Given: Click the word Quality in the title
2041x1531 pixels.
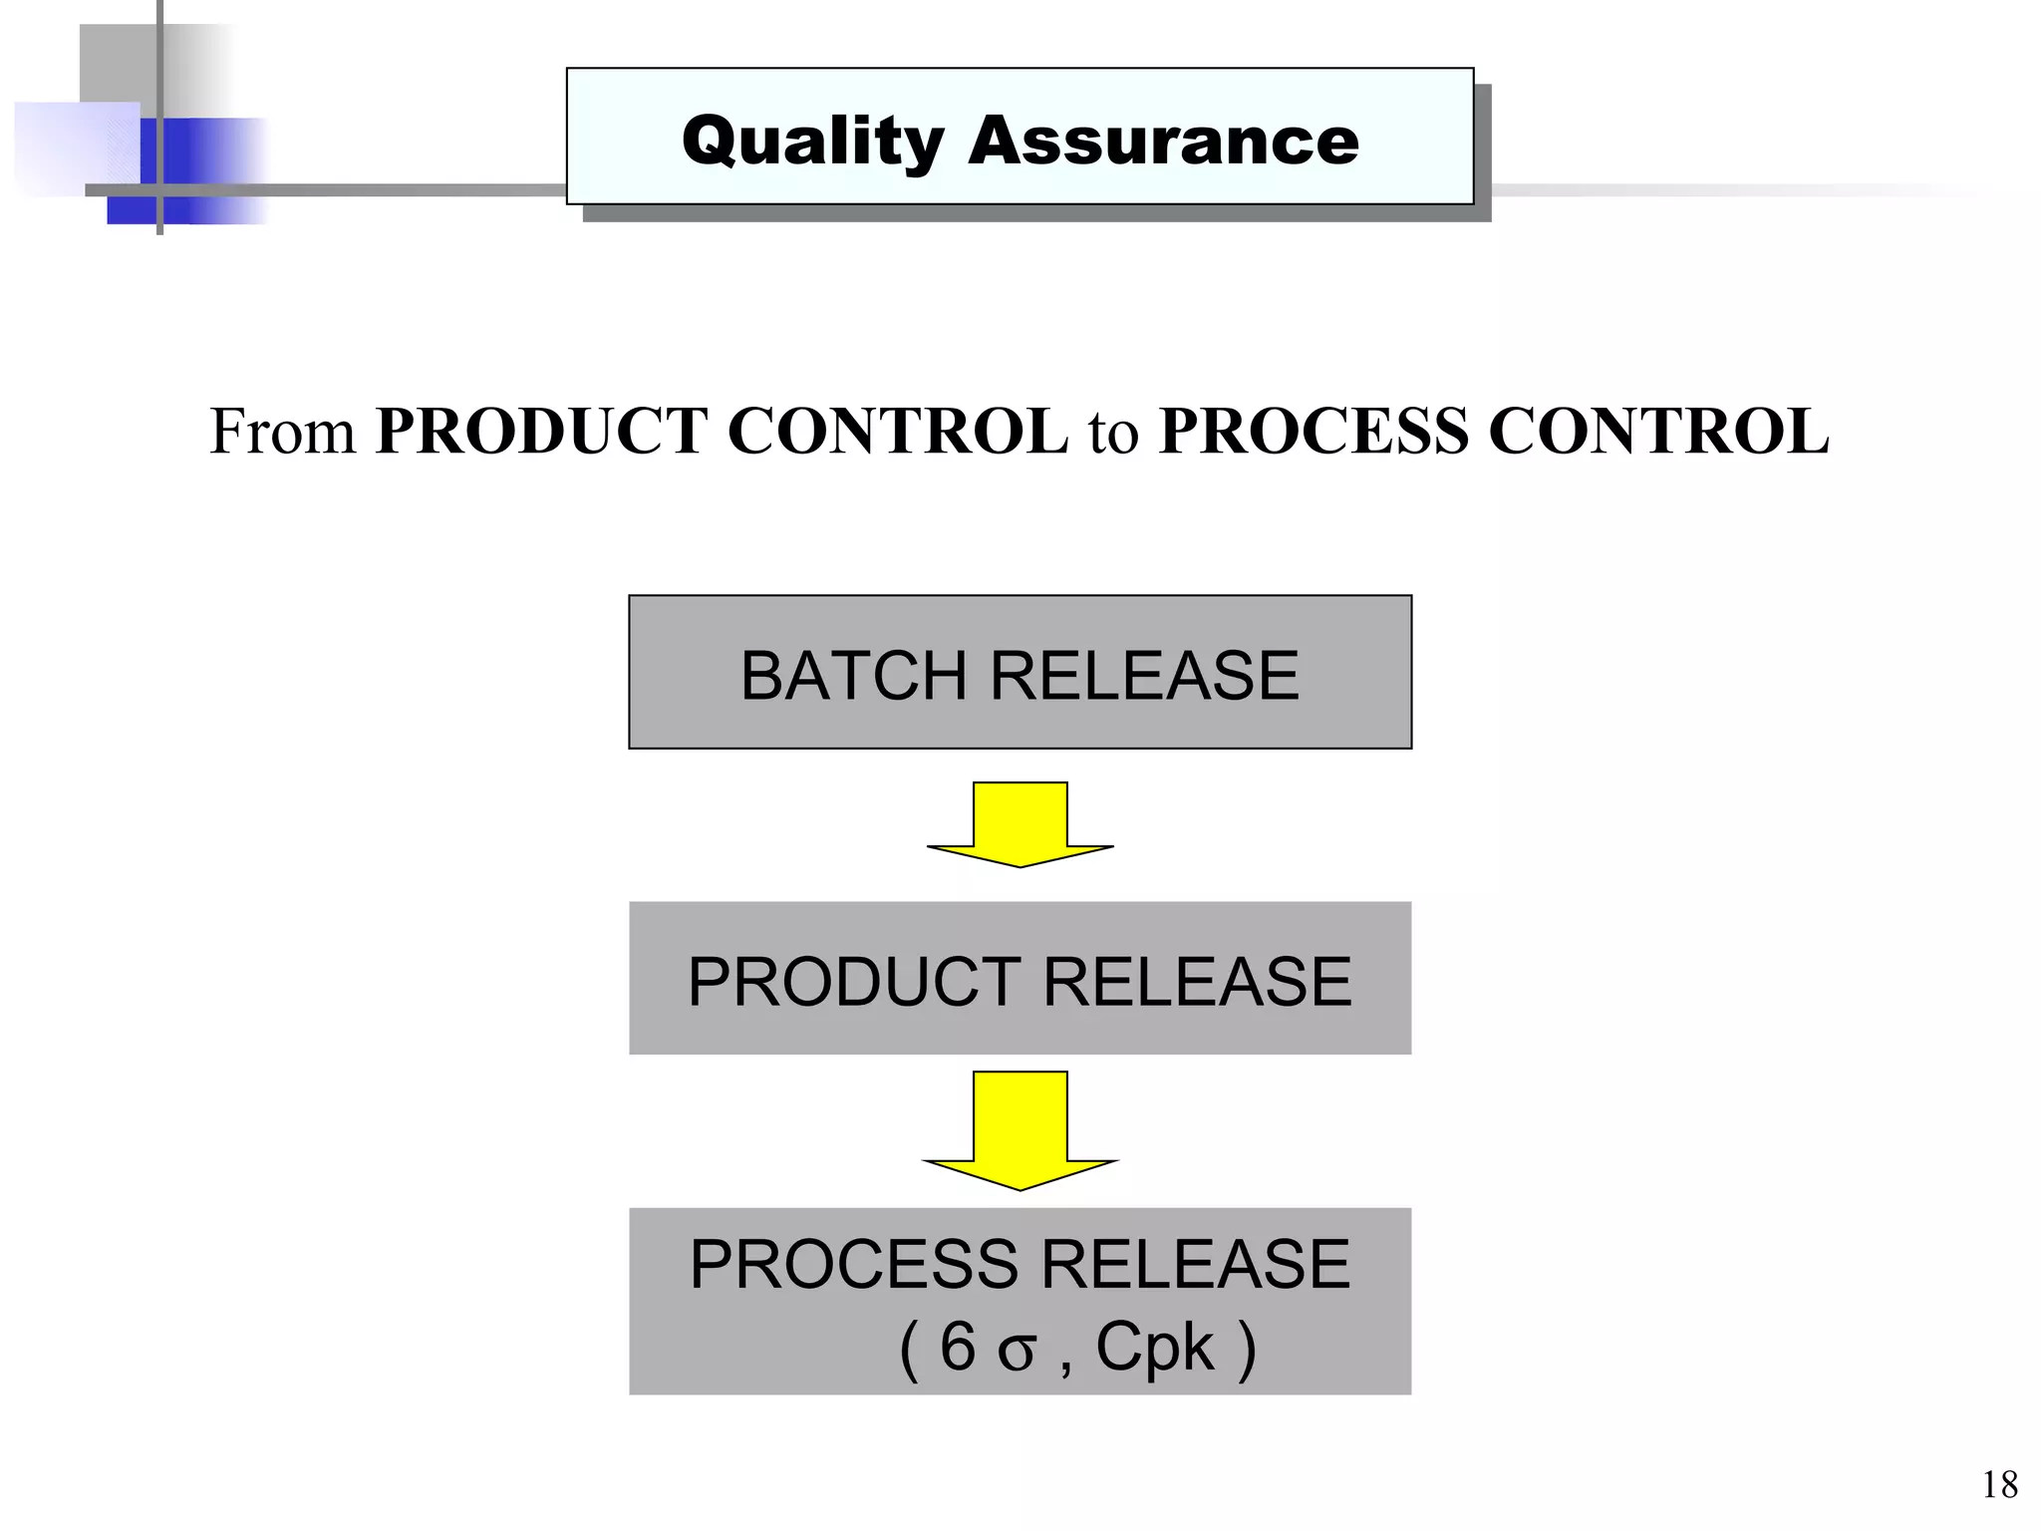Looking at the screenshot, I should (812, 141).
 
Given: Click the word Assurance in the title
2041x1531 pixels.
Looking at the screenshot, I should (1163, 141).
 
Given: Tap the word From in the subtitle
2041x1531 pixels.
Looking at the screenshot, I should (282, 432).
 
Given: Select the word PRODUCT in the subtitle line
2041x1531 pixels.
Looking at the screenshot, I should (540, 432).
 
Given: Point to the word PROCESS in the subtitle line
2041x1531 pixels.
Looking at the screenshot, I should (1313, 432).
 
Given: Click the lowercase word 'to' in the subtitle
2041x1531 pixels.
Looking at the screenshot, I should (1113, 434).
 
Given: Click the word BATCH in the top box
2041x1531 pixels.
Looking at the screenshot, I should (852, 676).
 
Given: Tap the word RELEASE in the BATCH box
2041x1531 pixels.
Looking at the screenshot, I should (1144, 676).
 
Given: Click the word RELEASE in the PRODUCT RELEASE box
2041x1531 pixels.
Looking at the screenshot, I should (1197, 982).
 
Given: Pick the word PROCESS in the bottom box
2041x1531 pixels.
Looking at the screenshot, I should (854, 1265).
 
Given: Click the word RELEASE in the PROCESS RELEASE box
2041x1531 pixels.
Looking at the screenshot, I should (1196, 1265).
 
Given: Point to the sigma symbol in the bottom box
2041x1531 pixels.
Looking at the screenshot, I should (1017, 1353).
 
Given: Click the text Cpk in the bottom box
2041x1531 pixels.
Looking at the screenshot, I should (1155, 1349).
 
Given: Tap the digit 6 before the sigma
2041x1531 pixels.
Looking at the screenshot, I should (957, 1347).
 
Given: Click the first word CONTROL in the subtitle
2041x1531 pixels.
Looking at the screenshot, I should (897, 432).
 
